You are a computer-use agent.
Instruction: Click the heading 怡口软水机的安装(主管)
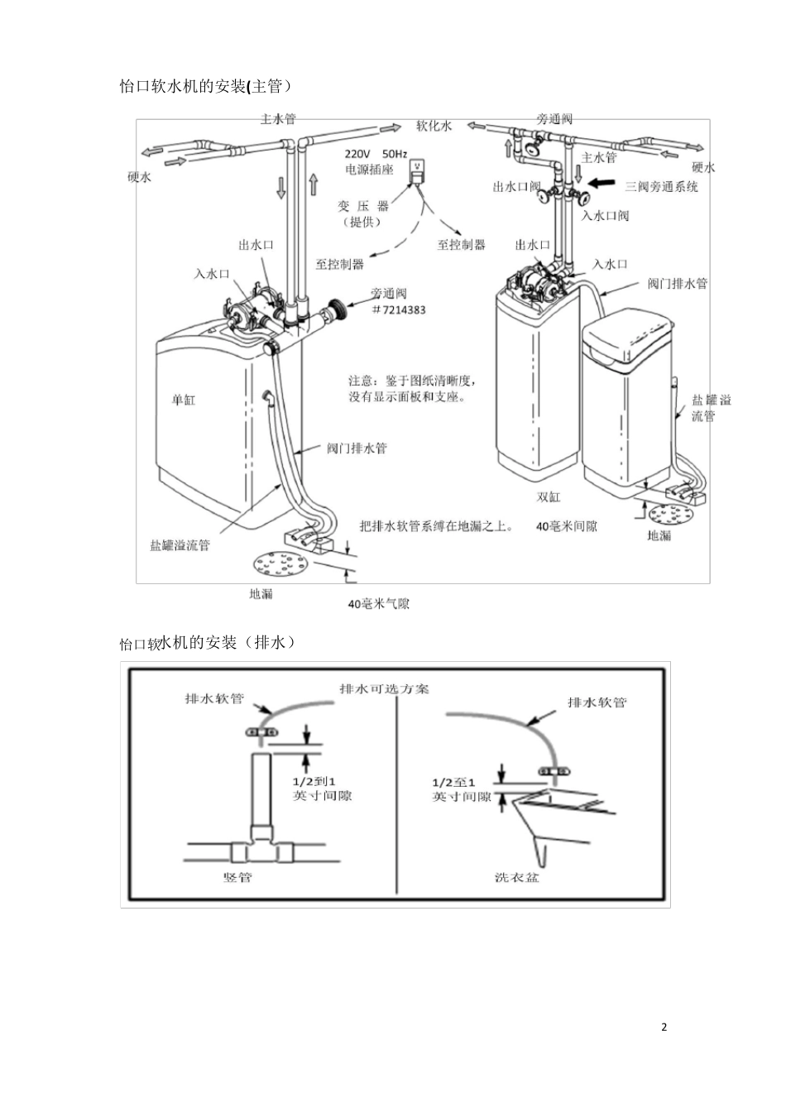[206, 86]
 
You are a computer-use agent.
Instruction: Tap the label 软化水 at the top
[434, 126]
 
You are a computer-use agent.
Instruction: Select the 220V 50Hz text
[376, 154]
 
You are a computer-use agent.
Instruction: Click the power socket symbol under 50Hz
[419, 170]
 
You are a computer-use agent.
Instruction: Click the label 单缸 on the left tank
[184, 400]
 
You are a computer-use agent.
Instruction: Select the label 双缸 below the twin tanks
[549, 496]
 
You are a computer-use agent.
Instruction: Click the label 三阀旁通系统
[662, 187]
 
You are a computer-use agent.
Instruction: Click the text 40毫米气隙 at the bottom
[379, 604]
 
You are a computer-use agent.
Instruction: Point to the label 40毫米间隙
[568, 526]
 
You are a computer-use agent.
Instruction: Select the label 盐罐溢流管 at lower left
[180, 545]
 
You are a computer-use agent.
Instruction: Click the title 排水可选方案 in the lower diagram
[385, 688]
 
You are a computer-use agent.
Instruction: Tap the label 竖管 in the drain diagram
[237, 877]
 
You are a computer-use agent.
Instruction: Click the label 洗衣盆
[517, 877]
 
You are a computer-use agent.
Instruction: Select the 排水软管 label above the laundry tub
[597, 702]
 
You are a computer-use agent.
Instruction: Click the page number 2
[664, 1027]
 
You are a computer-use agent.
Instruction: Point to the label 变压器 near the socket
[363, 206]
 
